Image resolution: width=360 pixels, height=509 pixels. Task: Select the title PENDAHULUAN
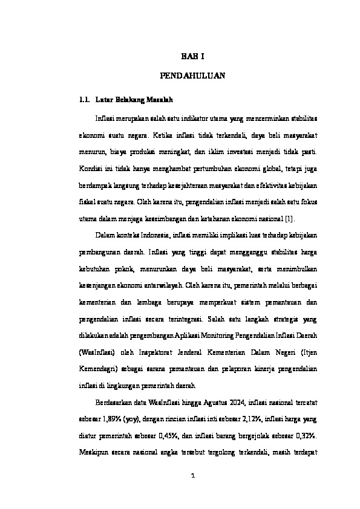coord(192,77)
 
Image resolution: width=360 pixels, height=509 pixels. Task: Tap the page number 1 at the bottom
coord(192,475)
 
